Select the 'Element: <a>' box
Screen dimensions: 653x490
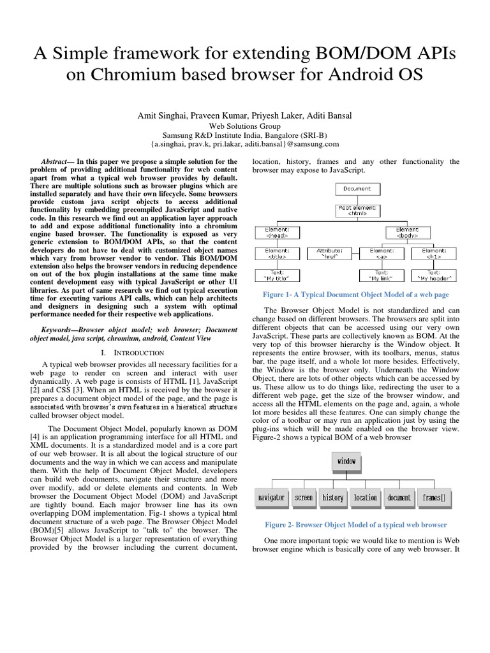382,254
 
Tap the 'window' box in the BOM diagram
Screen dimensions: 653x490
346,461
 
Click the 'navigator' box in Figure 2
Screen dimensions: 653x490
270,497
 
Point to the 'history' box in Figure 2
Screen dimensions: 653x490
332,497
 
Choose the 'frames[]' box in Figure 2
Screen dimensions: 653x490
434,497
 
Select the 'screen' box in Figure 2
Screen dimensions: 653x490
304,497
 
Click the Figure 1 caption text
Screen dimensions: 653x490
356,295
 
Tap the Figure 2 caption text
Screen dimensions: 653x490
356,525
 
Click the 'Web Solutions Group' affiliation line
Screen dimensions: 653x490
245,126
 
